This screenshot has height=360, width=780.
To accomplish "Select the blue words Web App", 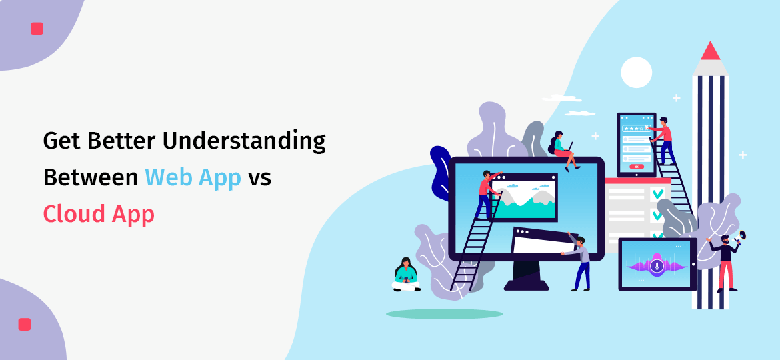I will point(193,178).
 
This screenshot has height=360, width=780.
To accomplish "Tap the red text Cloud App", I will point(99,214).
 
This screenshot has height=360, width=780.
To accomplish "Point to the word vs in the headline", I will point(259,179).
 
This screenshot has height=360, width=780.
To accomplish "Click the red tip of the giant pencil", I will point(710,51).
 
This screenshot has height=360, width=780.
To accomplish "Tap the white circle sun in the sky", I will point(636,72).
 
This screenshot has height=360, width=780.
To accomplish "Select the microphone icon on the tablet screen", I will point(657,266).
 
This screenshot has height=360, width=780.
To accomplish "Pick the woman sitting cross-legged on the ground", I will point(406,275).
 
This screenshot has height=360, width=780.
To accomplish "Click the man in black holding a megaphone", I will point(725,260).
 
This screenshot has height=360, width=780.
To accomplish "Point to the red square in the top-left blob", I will point(37,29).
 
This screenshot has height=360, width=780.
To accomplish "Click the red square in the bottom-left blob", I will point(25,324).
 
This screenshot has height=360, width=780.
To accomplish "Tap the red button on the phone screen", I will point(636,166).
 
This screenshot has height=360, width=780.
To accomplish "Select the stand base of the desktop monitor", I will point(526,284).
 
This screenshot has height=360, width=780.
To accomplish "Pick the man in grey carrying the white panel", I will point(581,260).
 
